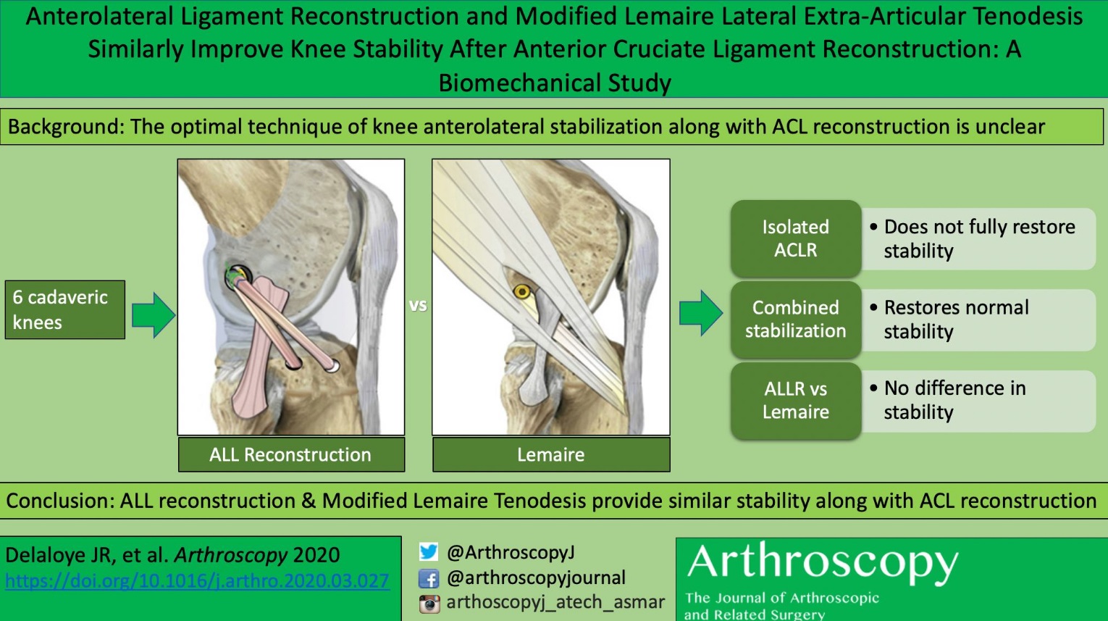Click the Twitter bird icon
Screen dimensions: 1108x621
(429, 551)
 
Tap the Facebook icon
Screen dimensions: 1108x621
(429, 578)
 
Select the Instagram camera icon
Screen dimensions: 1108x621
(429, 604)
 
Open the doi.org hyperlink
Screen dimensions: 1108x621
(197, 580)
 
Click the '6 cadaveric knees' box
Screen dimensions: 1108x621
(64, 309)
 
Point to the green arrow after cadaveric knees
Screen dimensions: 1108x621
(154, 315)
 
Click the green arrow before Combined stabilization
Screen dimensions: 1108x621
(701, 313)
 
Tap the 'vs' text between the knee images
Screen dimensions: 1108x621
(418, 305)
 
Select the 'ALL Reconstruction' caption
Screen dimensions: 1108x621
(291, 454)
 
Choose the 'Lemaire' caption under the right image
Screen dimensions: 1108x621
(551, 454)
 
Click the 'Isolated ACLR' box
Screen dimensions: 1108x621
(796, 238)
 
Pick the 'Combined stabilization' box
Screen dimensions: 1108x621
(796, 319)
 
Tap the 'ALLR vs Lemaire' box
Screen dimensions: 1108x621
(796, 400)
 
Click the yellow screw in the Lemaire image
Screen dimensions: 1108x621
(522, 292)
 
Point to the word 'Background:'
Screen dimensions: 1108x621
(67, 127)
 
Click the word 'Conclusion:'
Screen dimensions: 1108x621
(60, 501)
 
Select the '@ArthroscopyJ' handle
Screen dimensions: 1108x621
(511, 552)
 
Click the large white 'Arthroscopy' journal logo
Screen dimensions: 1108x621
(823, 563)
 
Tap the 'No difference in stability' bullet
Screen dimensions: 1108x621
(954, 400)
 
